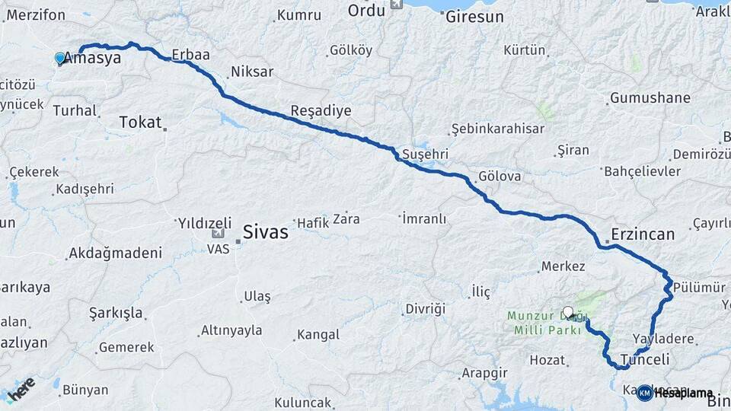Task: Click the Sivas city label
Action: click(x=265, y=232)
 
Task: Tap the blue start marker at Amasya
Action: click(x=60, y=58)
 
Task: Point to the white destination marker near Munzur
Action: click(x=568, y=311)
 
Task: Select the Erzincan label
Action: click(x=643, y=234)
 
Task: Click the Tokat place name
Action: click(x=141, y=122)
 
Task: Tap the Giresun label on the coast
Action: click(x=475, y=15)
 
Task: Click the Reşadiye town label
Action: click(x=321, y=111)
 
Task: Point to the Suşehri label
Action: click(x=425, y=155)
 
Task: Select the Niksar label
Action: click(x=251, y=73)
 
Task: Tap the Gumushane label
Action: click(x=650, y=98)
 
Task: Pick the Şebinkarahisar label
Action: click(x=497, y=129)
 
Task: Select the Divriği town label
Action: click(x=424, y=308)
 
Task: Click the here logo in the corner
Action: click(x=21, y=391)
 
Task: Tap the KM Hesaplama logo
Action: click(x=674, y=393)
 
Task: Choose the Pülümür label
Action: click(x=699, y=286)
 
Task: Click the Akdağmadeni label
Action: click(x=115, y=253)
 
